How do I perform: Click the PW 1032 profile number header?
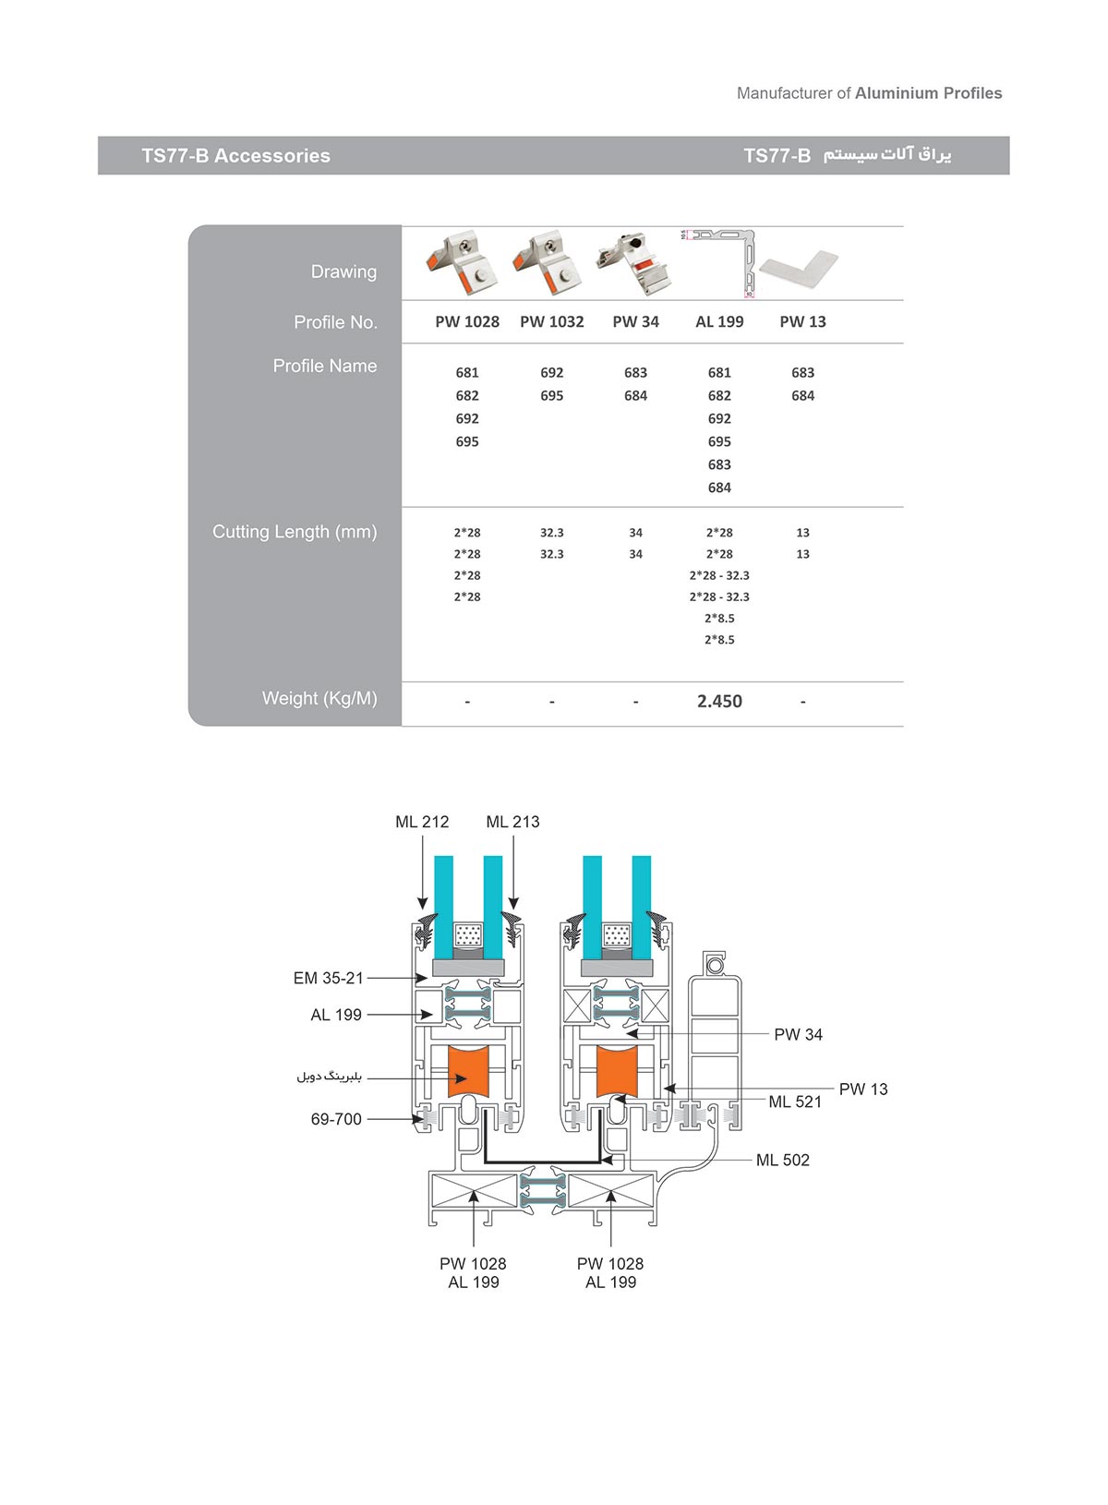(x=551, y=321)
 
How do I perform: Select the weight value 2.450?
(x=719, y=701)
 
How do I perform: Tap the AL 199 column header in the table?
(x=719, y=321)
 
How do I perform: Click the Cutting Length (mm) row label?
(x=295, y=532)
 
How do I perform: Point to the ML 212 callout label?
(x=422, y=822)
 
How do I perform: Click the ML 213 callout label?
(x=512, y=822)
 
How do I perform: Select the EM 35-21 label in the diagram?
(x=329, y=978)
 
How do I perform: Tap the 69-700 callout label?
(x=336, y=1119)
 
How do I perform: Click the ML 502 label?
(x=782, y=1160)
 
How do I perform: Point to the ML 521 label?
(x=795, y=1102)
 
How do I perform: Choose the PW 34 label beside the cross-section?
(x=798, y=1035)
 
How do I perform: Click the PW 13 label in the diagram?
(x=863, y=1090)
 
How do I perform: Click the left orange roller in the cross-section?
(x=469, y=1071)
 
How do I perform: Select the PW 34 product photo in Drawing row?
(x=634, y=262)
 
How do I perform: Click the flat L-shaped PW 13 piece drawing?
(x=798, y=267)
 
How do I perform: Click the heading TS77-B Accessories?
(x=235, y=156)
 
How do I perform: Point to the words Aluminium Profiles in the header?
(x=928, y=93)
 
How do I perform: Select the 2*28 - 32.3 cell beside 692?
(x=719, y=575)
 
